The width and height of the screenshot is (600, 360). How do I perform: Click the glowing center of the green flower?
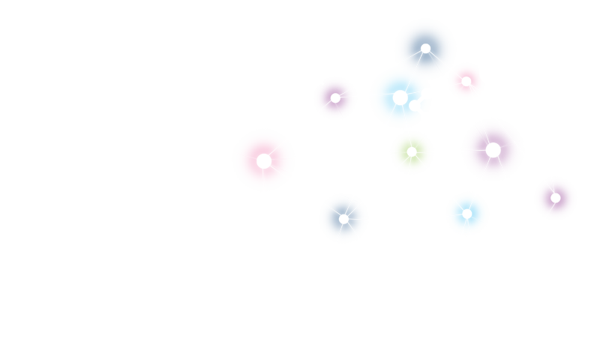pos(412,151)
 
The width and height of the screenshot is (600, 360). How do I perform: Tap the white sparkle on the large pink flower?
pos(264,161)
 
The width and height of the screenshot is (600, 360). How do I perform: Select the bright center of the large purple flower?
pos(493,150)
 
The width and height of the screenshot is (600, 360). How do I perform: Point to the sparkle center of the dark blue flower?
pos(343,219)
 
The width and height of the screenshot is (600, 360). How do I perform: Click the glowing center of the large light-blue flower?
pos(400,97)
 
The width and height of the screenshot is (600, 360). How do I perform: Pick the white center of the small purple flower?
pos(335,97)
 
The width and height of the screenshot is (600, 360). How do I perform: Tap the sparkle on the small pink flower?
pos(466,81)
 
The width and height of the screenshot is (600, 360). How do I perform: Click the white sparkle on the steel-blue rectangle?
pos(425,49)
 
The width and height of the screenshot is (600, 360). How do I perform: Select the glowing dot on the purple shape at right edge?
pos(556,198)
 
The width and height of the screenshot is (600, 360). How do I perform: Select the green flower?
pos(420,161)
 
